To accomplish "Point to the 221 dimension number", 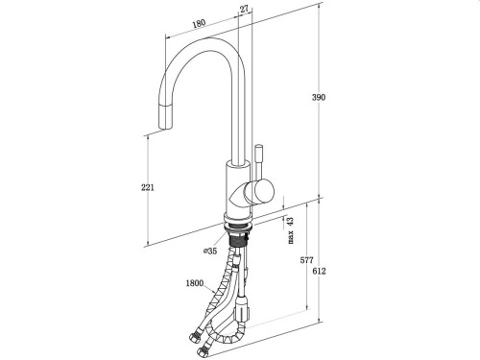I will point(147,187).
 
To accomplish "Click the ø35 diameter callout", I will point(210,252).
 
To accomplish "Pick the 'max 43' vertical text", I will point(290,230).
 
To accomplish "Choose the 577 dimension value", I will point(306,260).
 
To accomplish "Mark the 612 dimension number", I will point(331,272).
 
